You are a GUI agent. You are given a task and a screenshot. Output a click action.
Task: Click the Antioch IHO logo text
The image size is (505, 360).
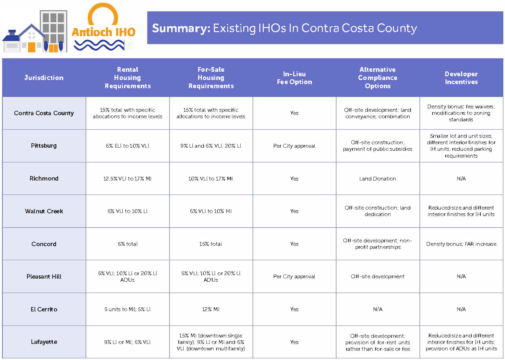tap(103, 32)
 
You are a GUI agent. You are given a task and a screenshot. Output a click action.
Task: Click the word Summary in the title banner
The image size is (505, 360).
tap(181, 28)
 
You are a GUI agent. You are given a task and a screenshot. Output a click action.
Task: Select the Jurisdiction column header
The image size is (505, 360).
tap(44, 78)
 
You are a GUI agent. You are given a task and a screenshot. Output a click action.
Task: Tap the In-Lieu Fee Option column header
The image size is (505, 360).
tap(294, 78)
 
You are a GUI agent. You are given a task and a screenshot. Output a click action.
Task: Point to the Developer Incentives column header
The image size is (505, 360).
tap(461, 78)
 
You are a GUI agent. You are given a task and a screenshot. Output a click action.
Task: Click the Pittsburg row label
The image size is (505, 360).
tap(44, 146)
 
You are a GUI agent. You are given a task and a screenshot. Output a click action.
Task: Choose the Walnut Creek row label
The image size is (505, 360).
tap(44, 211)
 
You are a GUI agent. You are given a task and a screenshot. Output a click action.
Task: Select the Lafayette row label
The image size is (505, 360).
tap(44, 342)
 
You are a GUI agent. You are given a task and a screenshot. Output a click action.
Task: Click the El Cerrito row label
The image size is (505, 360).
tap(44, 309)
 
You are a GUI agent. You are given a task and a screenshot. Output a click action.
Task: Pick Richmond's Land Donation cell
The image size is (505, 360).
tap(378, 178)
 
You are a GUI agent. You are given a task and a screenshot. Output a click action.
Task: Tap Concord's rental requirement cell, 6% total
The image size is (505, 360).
tap(127, 244)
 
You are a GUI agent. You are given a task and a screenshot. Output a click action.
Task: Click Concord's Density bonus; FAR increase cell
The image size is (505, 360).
tap(461, 244)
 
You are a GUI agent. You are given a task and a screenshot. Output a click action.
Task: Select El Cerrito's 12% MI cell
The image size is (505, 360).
tap(211, 309)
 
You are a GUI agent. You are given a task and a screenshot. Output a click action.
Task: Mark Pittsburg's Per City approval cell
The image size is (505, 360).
tap(294, 146)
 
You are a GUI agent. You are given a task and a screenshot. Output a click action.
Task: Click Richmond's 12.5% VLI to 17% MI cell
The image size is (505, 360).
tap(127, 178)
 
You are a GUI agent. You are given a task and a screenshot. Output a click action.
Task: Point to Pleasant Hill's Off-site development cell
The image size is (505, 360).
tap(378, 277)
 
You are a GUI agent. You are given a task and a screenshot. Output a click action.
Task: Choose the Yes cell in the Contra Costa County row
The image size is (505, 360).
tap(294, 113)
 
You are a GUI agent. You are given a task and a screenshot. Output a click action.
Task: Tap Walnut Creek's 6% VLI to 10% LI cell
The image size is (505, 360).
tap(127, 211)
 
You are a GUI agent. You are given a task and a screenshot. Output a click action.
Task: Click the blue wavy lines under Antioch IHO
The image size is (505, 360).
tap(99, 45)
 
